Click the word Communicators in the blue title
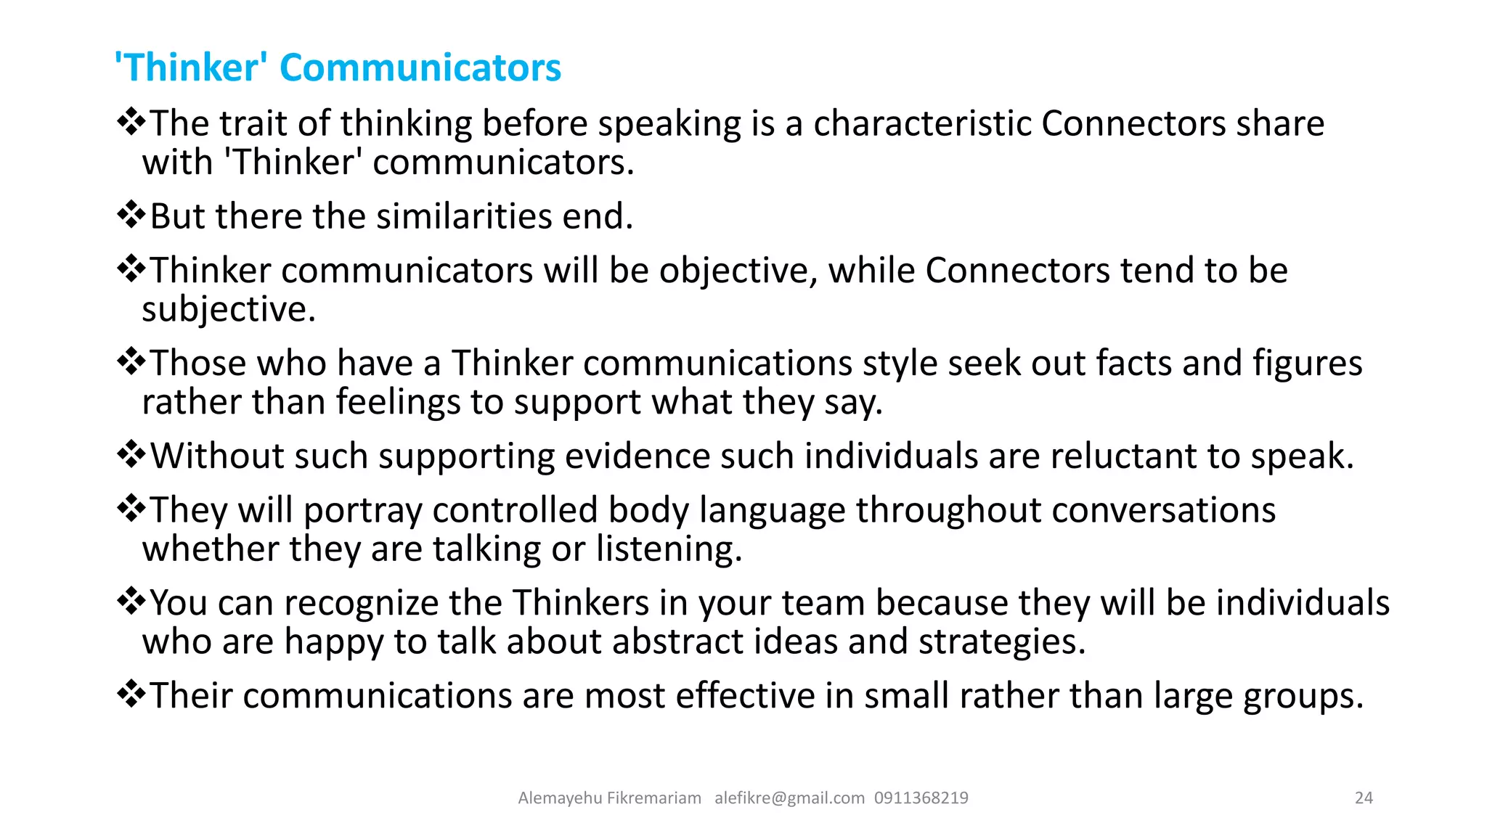[420, 67]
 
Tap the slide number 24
[1364, 798]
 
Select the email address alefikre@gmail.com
[789, 798]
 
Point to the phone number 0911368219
[921, 798]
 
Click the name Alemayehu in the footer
[560, 798]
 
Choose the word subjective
[229, 310]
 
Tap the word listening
[669, 549]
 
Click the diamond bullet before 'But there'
[131, 216]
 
